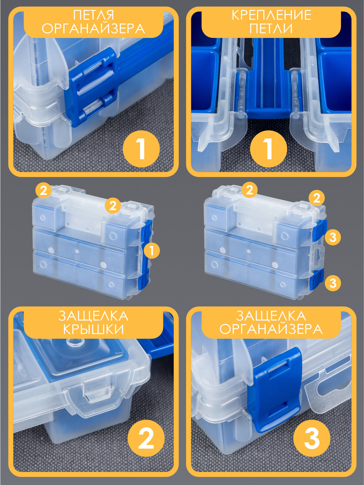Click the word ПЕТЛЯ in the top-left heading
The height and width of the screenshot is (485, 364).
click(x=93, y=15)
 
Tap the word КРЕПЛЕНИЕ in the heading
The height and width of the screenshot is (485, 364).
click(x=272, y=15)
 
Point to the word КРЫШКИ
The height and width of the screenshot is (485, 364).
click(x=93, y=329)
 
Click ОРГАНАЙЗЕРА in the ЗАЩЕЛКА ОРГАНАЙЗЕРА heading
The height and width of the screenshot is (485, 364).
click(x=271, y=329)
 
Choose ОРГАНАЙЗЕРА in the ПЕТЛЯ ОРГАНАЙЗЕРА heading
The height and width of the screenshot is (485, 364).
click(x=93, y=29)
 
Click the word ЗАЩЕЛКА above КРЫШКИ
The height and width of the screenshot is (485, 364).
click(x=93, y=316)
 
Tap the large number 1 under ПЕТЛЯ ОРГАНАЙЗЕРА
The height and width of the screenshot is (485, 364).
click(x=141, y=149)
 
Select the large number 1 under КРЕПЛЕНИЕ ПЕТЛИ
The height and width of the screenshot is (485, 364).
click(x=268, y=149)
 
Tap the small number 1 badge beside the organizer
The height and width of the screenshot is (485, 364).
click(x=152, y=251)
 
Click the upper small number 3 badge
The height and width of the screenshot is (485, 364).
click(x=333, y=237)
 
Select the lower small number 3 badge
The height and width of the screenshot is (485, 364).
click(x=333, y=283)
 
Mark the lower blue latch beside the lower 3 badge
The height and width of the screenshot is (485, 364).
click(x=316, y=280)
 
